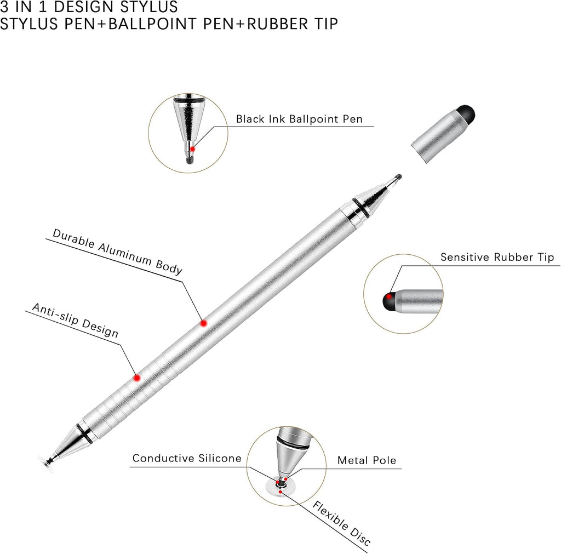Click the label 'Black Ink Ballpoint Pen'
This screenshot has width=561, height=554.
[x=299, y=119]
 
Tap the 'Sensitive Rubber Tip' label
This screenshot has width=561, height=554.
[x=497, y=257]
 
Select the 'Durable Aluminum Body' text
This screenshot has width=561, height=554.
[x=117, y=252]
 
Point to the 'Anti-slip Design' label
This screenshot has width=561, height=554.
[x=75, y=321]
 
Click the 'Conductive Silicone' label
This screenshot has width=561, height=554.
[x=187, y=458]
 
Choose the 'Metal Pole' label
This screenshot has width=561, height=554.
[x=367, y=460]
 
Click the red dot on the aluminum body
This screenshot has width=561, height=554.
[x=204, y=323]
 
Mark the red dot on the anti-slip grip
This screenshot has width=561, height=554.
[x=137, y=378]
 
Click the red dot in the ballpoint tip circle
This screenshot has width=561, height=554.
[x=192, y=149]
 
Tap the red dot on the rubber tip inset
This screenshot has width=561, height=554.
[x=388, y=296]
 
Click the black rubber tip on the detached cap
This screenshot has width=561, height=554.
[x=466, y=114]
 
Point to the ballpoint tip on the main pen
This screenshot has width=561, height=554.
[x=398, y=178]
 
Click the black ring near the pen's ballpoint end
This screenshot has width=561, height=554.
[x=361, y=208]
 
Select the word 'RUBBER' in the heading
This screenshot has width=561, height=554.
[x=277, y=24]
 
